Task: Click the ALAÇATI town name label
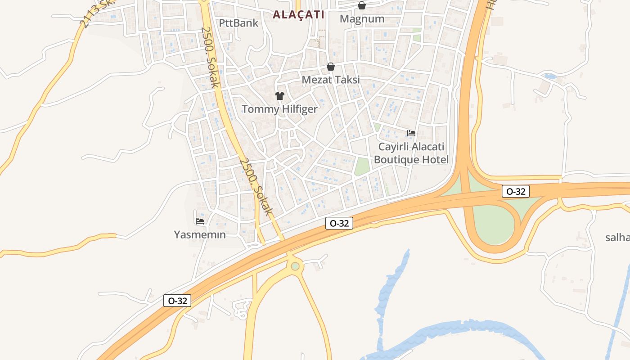[298, 14]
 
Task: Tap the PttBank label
[238, 23]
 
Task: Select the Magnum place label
[362, 19]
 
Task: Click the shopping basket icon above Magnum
[362, 5]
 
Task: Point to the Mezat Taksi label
[331, 80]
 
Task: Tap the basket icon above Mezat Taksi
[331, 67]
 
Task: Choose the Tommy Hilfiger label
[279, 109]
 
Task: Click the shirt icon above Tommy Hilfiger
[280, 95]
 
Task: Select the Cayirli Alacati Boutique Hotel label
[411, 153]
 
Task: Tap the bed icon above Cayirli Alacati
[411, 133]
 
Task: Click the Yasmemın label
[200, 234]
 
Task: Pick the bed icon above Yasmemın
[200, 221]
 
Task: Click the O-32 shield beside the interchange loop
[516, 191]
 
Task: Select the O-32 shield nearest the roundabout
[339, 223]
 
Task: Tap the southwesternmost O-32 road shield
[177, 301]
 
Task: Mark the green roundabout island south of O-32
[295, 266]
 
